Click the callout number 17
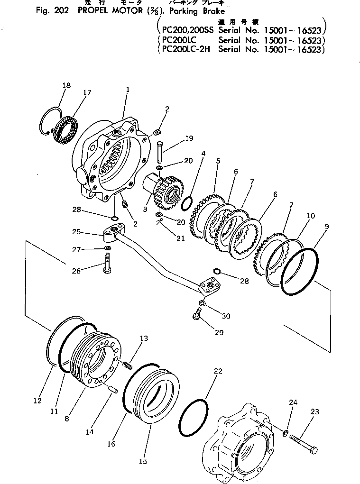click(87, 93)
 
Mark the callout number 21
click(180, 238)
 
